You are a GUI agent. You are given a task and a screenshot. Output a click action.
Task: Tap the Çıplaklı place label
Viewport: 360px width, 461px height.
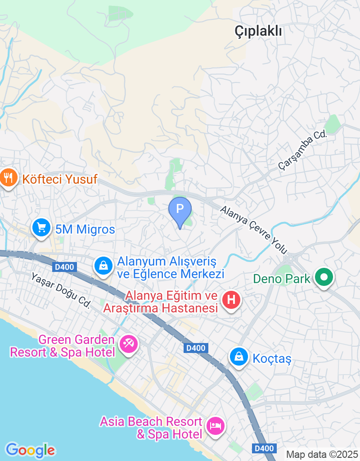(x=258, y=31)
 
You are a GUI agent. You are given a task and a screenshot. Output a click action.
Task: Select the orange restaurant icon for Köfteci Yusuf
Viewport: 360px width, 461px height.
(x=8, y=179)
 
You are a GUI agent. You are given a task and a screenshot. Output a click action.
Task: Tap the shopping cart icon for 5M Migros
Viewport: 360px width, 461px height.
(x=42, y=228)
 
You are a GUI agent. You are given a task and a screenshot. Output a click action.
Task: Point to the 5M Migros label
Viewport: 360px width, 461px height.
(x=85, y=229)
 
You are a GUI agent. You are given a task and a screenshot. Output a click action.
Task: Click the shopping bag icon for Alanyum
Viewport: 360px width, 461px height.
(x=103, y=266)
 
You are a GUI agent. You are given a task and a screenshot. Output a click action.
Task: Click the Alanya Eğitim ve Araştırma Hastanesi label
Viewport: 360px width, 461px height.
(x=161, y=302)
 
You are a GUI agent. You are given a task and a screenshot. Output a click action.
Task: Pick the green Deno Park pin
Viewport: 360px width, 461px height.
(x=324, y=277)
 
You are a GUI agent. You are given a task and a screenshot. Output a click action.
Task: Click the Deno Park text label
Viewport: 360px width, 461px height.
(x=282, y=279)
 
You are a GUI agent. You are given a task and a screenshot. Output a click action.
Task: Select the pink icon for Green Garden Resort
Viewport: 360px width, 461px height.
(x=129, y=344)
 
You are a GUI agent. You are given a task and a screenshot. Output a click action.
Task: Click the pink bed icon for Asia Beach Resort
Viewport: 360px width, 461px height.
(x=215, y=425)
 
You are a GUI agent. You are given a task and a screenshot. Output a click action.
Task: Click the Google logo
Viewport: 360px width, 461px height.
(x=30, y=450)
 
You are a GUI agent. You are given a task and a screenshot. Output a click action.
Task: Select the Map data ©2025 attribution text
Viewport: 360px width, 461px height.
(x=322, y=454)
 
